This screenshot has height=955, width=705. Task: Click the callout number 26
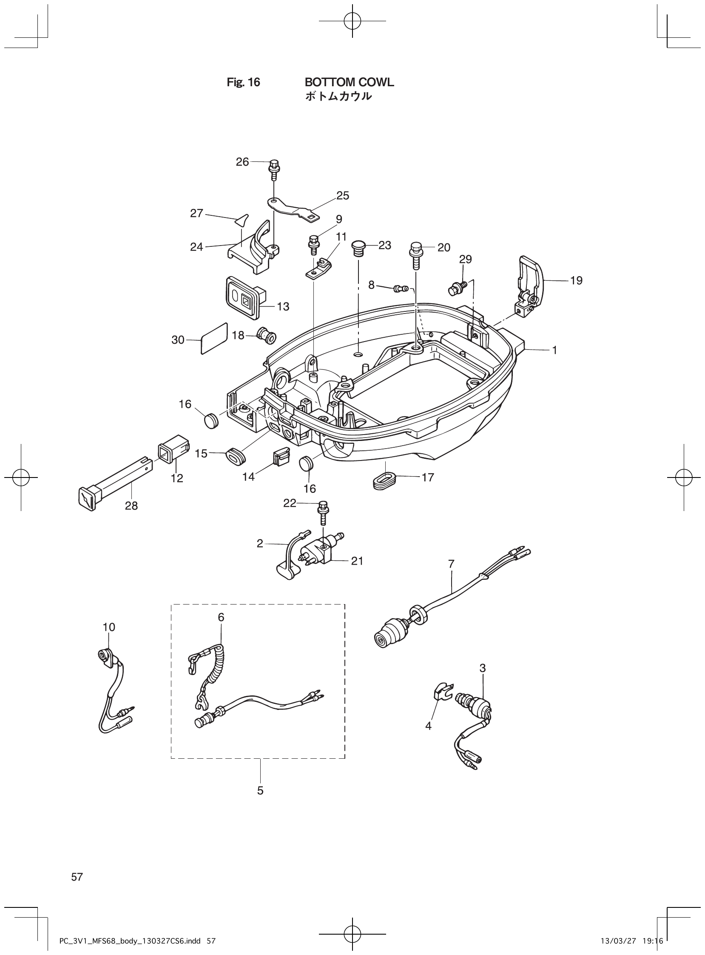click(242, 162)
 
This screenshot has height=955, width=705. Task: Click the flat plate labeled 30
click(214, 339)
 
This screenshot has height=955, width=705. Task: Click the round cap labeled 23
click(359, 247)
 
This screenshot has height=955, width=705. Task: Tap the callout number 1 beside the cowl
click(554, 350)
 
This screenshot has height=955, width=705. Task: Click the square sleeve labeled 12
click(172, 455)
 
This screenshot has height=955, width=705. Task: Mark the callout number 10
click(109, 627)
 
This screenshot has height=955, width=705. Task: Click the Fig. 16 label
click(243, 82)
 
